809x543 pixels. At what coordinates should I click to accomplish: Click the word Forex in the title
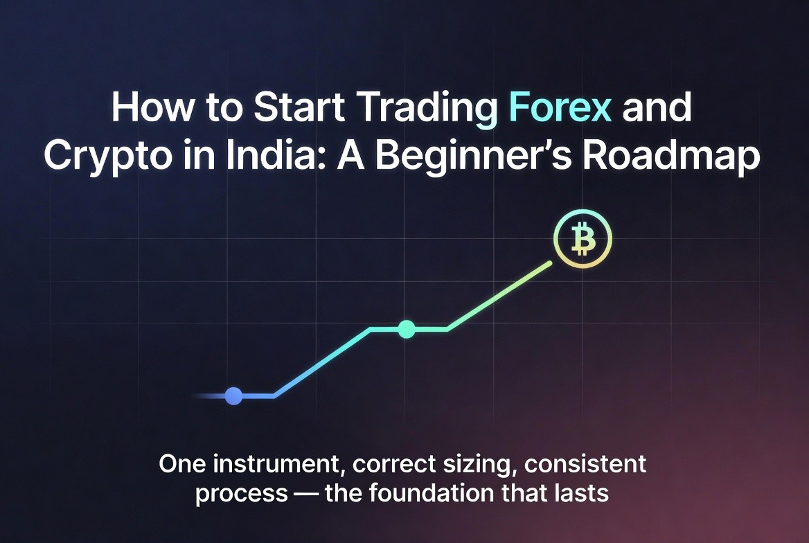click(x=560, y=107)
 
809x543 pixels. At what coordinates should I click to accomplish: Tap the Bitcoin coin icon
click(x=583, y=239)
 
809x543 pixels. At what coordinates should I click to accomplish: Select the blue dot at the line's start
click(x=233, y=396)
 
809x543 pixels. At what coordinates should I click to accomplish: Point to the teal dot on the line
click(x=407, y=329)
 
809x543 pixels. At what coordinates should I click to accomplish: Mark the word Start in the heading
click(x=299, y=107)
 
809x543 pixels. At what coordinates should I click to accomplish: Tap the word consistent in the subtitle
click(x=585, y=464)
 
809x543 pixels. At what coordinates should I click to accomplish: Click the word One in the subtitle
click(x=180, y=464)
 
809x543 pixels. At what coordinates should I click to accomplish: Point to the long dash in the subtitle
click(x=306, y=494)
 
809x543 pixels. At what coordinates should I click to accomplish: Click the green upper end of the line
click(x=549, y=264)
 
